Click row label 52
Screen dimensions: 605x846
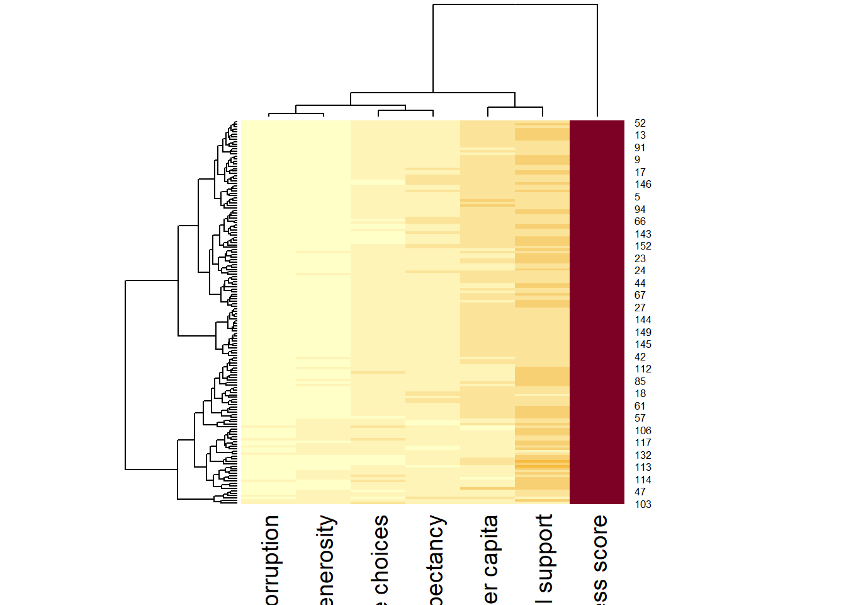pos(640,124)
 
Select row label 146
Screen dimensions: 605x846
pos(643,185)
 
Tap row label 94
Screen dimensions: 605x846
pos(640,209)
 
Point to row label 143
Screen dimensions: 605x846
pos(643,234)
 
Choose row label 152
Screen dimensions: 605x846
pos(643,246)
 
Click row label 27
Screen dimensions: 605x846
pos(640,308)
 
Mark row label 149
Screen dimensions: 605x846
pos(643,332)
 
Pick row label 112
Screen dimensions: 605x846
pos(643,369)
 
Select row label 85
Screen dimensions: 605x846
pos(640,381)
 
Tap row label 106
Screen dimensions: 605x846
pos(643,430)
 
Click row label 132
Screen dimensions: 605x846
pos(643,455)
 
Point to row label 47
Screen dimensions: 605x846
pos(640,492)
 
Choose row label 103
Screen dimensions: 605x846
pos(643,504)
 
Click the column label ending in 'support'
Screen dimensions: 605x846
pos(544,558)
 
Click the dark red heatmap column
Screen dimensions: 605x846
pos(597,312)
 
